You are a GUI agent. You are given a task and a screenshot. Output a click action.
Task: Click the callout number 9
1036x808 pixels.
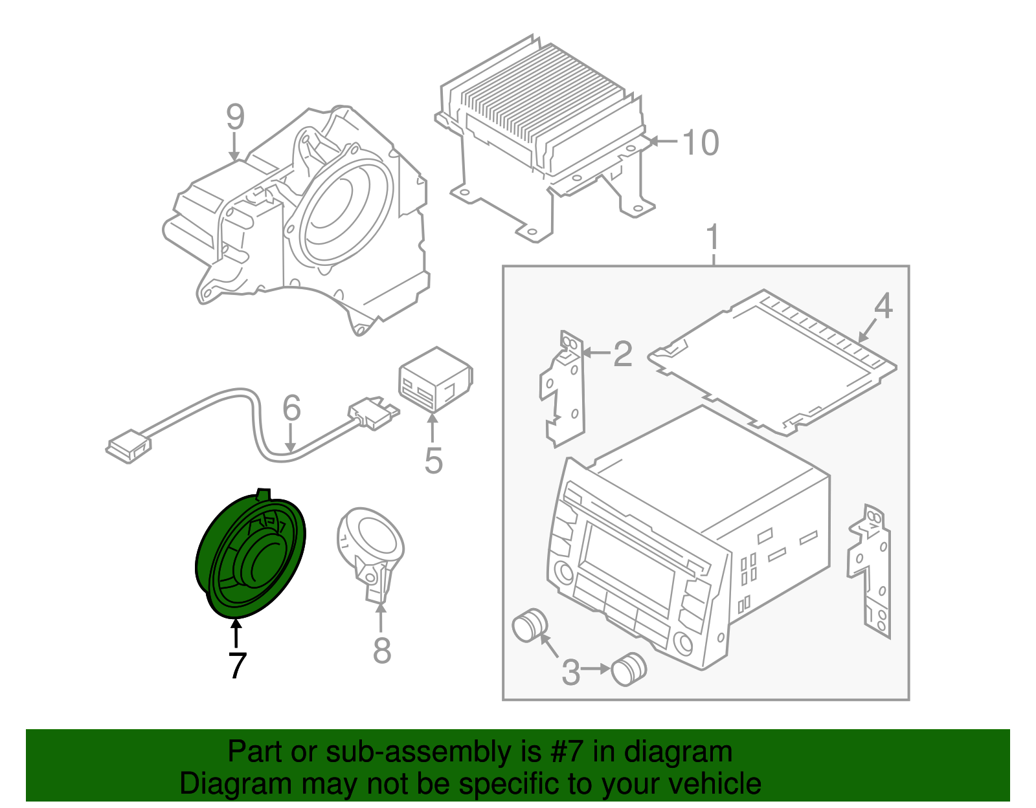(235, 118)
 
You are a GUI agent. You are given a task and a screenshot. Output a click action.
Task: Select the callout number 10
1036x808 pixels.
(701, 142)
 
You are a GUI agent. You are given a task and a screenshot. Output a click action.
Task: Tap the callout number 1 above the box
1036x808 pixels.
(712, 237)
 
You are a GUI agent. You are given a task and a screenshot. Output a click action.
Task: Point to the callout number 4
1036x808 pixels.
(883, 305)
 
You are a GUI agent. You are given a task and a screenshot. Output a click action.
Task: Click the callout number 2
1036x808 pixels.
(622, 354)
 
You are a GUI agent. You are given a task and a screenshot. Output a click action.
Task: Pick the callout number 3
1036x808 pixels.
(570, 672)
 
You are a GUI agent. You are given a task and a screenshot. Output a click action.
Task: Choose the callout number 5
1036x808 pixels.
(433, 461)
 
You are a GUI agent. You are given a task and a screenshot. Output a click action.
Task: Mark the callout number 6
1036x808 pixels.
(291, 408)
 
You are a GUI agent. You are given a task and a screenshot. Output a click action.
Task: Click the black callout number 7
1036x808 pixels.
(237, 665)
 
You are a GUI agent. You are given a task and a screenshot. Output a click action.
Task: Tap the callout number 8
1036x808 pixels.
(382, 650)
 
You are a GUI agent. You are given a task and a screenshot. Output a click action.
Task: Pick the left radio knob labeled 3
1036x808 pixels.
(530, 624)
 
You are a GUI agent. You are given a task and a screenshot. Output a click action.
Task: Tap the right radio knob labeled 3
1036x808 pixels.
(629, 669)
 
